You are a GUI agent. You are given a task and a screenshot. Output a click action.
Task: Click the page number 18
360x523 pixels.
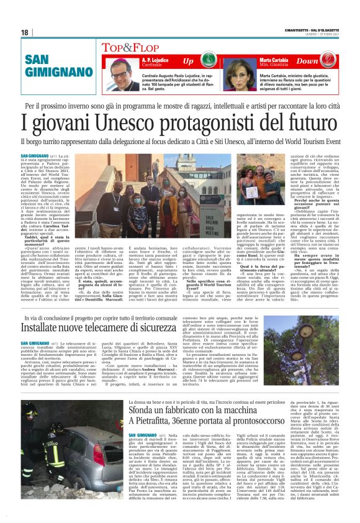(24, 32)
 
